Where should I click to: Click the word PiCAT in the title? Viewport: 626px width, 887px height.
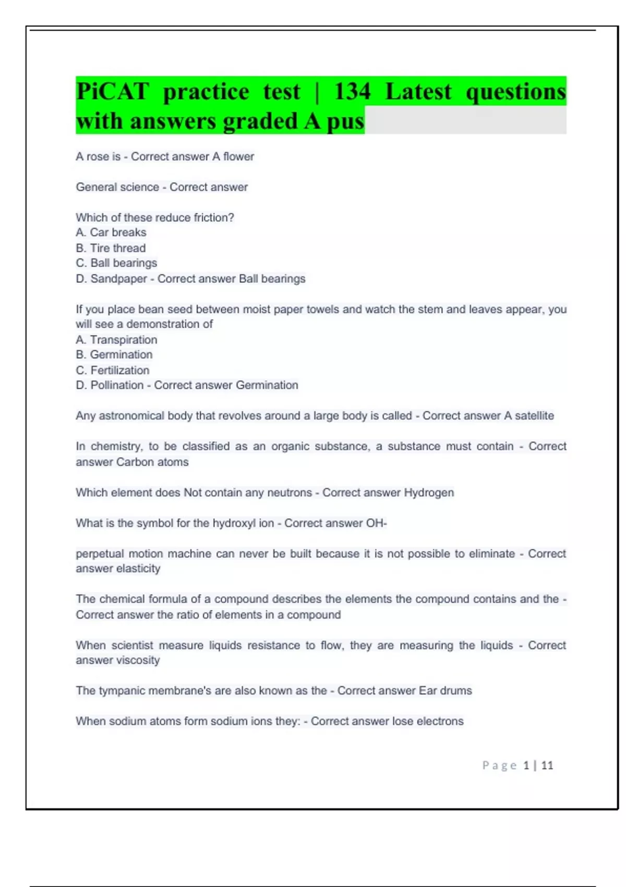tap(113, 92)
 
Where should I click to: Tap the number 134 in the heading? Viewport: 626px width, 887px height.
tap(353, 92)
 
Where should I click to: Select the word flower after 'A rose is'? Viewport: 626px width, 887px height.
tap(238, 157)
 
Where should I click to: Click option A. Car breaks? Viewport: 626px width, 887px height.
tap(111, 232)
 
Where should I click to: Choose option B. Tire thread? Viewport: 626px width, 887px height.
tap(111, 248)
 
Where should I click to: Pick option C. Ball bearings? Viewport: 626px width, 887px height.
tap(116, 263)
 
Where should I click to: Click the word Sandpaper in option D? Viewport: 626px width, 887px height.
tap(119, 279)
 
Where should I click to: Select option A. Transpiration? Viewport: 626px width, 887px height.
tap(116, 340)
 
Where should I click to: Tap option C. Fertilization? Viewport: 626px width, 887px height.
tap(113, 370)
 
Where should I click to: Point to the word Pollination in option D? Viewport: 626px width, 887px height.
tap(117, 385)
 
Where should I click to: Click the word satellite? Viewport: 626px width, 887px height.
tap(534, 416)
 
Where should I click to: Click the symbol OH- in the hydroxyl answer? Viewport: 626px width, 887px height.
tap(376, 523)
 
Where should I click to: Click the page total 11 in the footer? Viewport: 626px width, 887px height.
tap(547, 765)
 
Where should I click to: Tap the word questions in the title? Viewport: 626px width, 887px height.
tap(515, 92)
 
